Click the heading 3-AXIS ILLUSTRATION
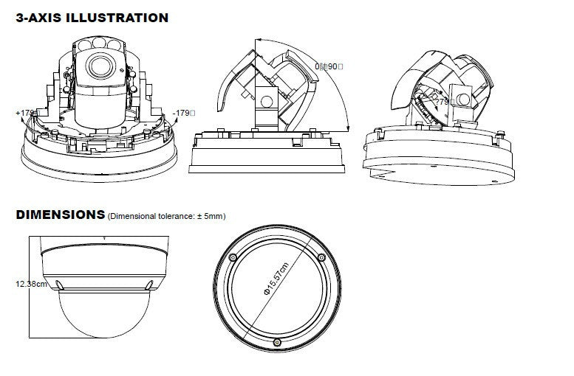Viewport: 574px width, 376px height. coord(92,17)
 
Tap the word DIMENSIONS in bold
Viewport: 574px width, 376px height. coord(60,215)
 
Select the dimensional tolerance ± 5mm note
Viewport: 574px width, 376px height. coord(166,216)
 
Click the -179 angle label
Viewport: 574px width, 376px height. coord(184,113)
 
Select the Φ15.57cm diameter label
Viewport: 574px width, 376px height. coord(275,282)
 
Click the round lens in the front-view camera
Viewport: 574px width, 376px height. coord(95,66)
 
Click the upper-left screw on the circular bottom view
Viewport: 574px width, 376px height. coord(233,257)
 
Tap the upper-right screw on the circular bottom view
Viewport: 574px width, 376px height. coord(321,257)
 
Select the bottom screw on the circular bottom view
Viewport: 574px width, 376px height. coord(276,343)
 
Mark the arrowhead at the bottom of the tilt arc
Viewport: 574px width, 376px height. coord(348,130)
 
